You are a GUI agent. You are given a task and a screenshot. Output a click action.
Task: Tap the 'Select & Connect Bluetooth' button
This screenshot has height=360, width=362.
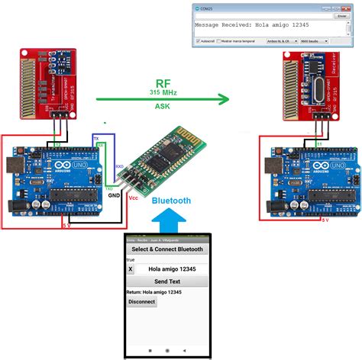point(167,249)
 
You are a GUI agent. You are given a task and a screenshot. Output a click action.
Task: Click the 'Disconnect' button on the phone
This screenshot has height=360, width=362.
point(141,301)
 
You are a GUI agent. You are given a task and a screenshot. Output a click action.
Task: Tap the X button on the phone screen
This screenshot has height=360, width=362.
point(131,269)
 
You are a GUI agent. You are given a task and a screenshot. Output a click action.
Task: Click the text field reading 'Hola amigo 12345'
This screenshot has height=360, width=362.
point(173,269)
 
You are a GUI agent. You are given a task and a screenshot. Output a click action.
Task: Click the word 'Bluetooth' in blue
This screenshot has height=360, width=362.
point(171,201)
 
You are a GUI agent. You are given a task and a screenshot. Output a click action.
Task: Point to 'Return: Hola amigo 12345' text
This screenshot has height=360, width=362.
point(158,292)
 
